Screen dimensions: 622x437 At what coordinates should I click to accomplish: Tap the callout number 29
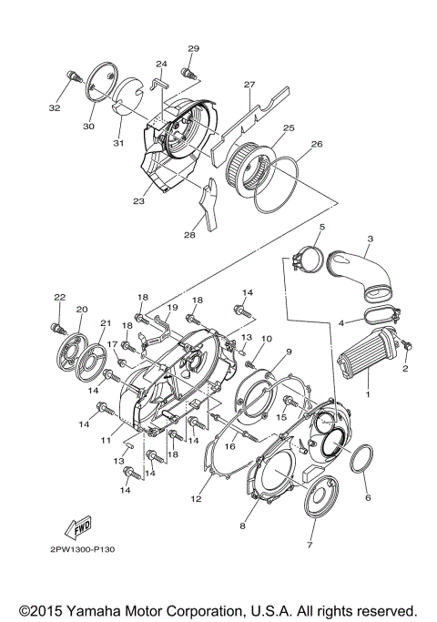coord(193,48)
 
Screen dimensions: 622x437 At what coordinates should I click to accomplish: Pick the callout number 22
coord(60,298)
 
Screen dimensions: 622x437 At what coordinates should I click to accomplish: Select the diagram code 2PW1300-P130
coord(76,550)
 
